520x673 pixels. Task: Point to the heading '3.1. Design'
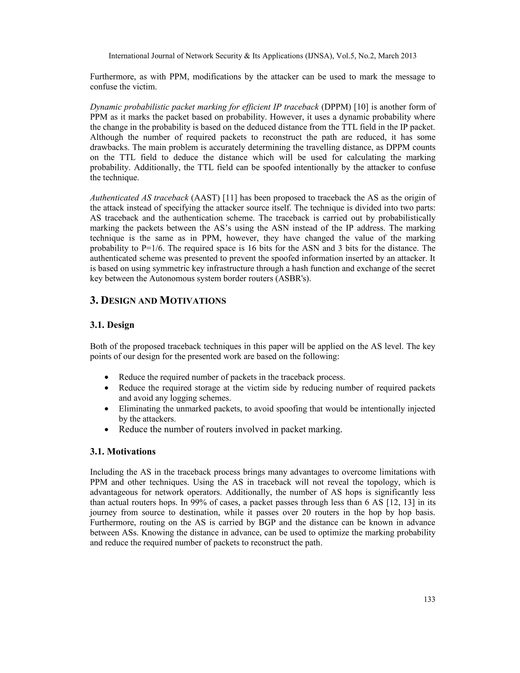coord(112,325)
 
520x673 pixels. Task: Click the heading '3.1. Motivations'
coord(123,452)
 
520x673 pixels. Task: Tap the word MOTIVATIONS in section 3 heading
coord(193,300)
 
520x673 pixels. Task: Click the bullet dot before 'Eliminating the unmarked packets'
coord(107,409)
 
